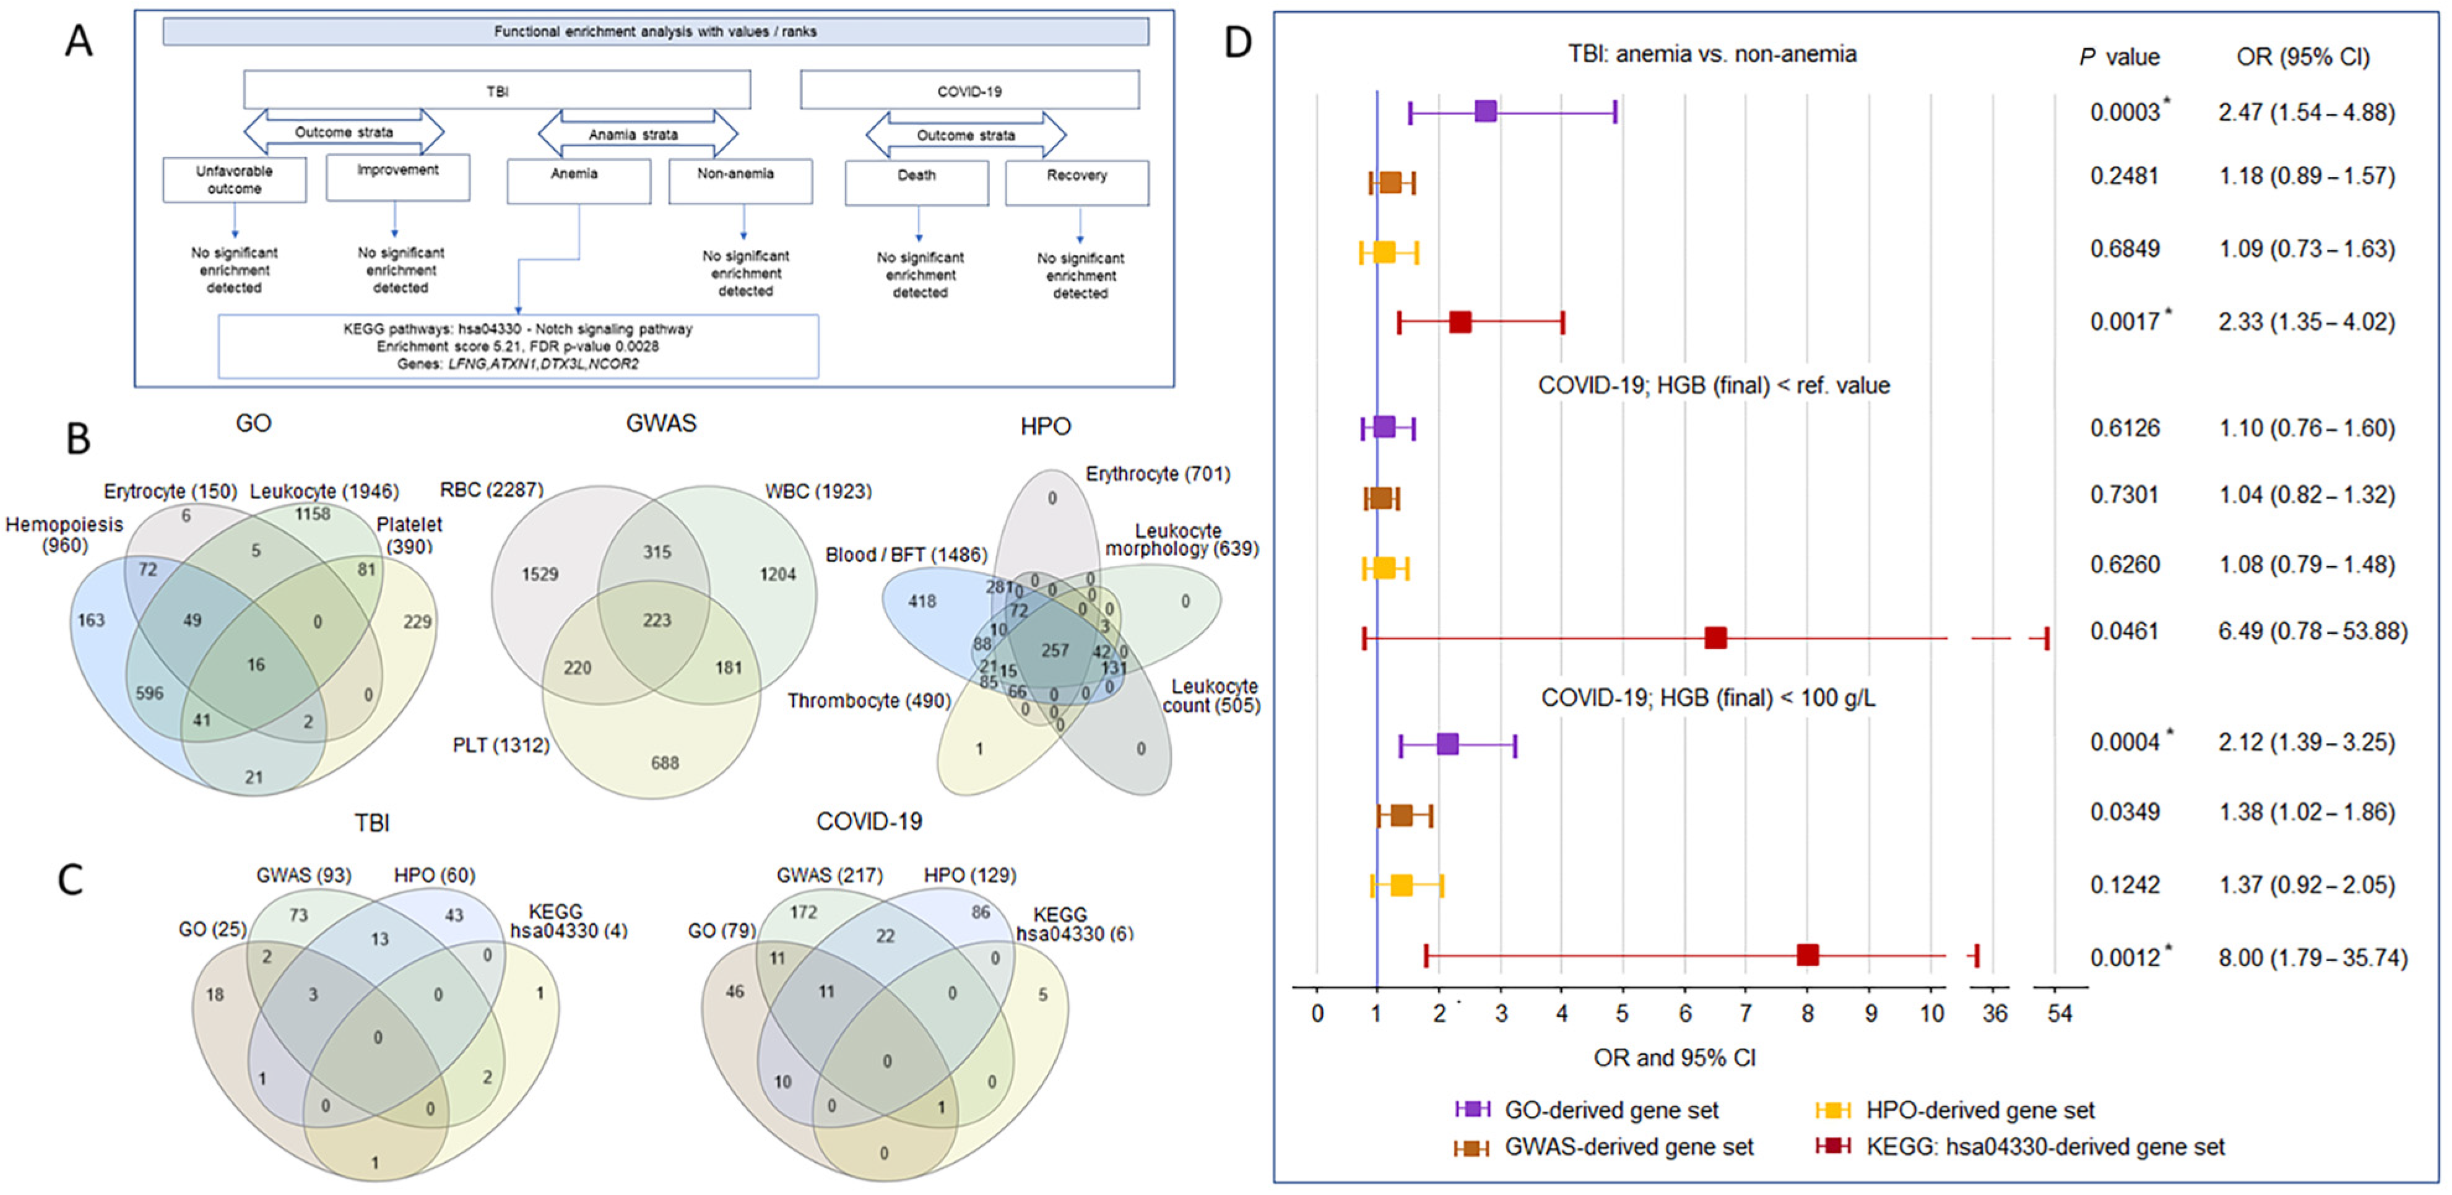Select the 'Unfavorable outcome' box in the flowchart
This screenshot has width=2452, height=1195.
tap(234, 180)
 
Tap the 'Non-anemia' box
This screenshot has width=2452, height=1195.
tap(740, 180)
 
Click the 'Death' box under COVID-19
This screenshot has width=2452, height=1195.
tap(916, 182)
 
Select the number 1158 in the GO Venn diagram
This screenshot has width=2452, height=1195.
tap(312, 514)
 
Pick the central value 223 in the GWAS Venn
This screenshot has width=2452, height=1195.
tap(657, 620)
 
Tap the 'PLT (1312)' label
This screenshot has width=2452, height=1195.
tap(501, 745)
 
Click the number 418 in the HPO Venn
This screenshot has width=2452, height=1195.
tap(921, 601)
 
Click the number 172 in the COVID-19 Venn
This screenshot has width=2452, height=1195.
tap(804, 912)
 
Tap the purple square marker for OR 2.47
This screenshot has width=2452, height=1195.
tap(1485, 111)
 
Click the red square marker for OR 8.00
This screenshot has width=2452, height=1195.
tap(1806, 954)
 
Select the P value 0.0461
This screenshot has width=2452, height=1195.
tap(2125, 631)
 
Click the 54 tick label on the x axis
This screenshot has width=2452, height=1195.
tap(2059, 1013)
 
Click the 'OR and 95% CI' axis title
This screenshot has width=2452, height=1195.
tap(1674, 1058)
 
